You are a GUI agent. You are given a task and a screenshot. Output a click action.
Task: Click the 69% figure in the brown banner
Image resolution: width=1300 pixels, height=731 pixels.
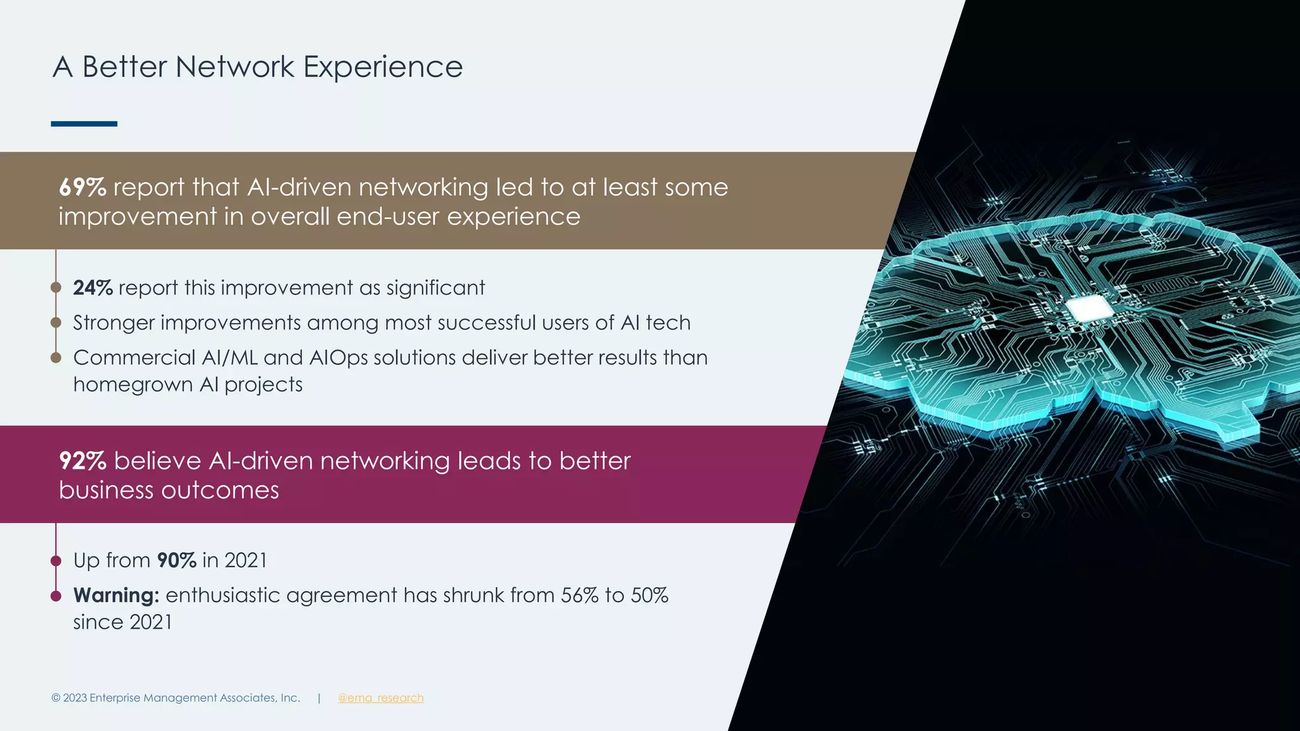coord(83,187)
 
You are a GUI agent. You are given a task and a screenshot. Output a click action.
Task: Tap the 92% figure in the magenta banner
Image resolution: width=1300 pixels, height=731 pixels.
coord(83,461)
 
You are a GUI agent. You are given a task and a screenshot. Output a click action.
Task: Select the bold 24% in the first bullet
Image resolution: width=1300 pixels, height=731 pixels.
coord(93,288)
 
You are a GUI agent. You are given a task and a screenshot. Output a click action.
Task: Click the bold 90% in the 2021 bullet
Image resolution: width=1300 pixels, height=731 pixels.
coord(176,560)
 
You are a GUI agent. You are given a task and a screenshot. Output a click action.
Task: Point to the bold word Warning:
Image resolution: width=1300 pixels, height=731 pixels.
coord(116,595)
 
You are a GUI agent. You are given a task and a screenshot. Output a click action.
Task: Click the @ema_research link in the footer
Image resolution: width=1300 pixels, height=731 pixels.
coord(380,698)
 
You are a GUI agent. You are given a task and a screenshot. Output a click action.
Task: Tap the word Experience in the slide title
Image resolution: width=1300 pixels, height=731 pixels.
coord(383,67)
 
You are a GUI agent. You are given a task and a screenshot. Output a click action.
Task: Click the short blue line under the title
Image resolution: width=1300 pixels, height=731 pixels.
coord(84,124)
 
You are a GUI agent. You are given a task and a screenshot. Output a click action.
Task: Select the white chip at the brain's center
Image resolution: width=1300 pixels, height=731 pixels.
coord(1089,308)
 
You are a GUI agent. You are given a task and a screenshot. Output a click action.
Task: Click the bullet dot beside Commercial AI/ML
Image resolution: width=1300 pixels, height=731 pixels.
coord(56,358)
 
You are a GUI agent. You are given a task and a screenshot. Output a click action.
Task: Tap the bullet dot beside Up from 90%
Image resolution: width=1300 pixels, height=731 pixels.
coord(56,561)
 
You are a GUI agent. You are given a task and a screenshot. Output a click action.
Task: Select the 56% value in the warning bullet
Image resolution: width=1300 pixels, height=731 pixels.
coord(580,595)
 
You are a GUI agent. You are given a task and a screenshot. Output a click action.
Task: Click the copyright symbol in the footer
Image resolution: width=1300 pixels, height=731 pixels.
coord(56,698)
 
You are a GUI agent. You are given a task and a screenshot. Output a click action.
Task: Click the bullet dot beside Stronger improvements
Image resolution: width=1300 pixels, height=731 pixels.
coord(56,323)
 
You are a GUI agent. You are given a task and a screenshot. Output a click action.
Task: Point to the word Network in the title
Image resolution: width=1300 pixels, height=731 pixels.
coord(235,67)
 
